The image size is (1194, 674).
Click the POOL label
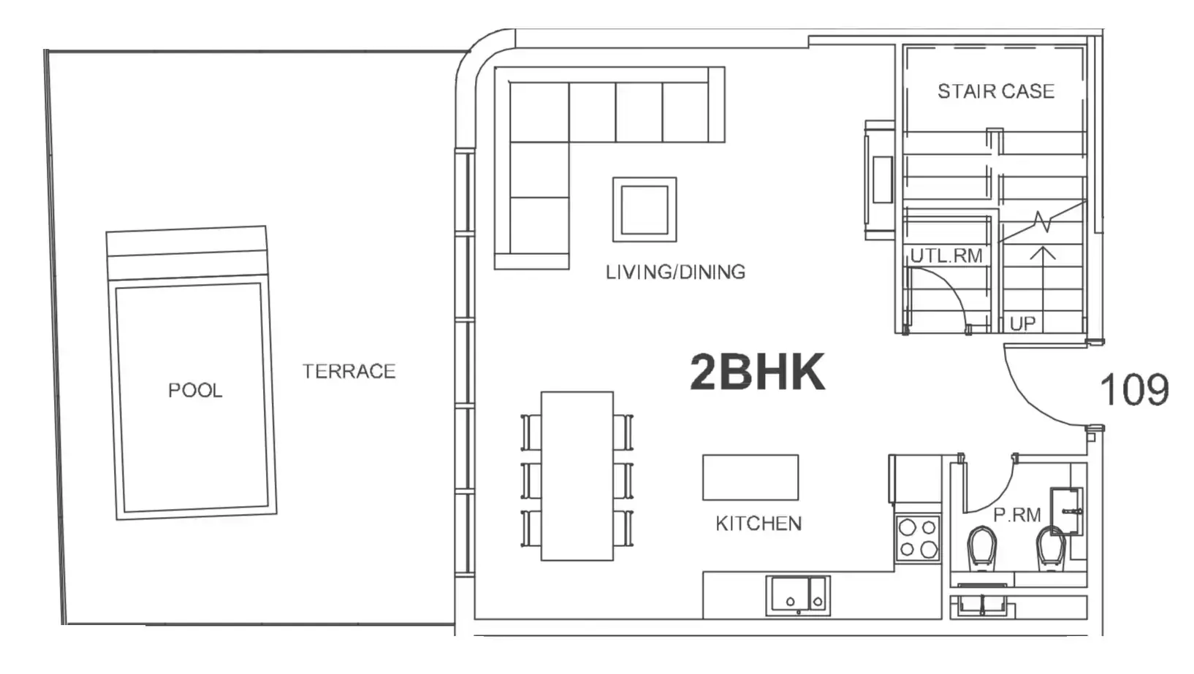[x=195, y=391]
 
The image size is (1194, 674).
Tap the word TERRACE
[x=349, y=372]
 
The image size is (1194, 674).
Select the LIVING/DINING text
[x=675, y=272]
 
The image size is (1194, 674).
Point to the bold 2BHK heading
[x=758, y=372]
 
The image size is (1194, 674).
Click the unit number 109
[x=1134, y=389]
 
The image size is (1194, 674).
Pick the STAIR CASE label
[x=996, y=91]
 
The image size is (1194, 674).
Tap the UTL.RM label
[x=946, y=256]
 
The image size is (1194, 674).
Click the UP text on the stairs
[x=1022, y=323]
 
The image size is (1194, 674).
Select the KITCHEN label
[x=758, y=524]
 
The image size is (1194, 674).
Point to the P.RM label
[x=1017, y=516]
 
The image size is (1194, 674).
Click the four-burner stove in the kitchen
[x=917, y=538]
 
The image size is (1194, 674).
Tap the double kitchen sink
[x=798, y=595]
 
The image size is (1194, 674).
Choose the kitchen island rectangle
[x=750, y=478]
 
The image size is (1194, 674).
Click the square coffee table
[x=644, y=210]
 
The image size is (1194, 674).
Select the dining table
[x=577, y=476]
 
